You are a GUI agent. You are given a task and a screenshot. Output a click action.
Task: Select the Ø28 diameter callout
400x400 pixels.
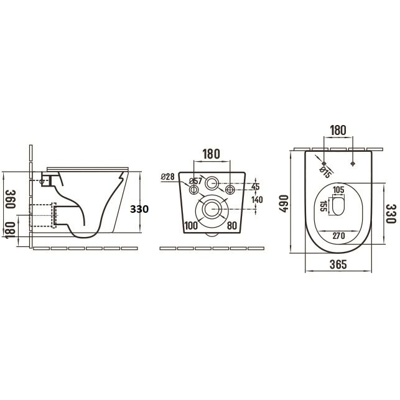click(167, 177)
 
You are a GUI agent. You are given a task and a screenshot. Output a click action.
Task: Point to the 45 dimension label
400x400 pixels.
click(256, 186)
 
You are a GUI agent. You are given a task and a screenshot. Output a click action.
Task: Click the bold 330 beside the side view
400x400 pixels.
click(139, 210)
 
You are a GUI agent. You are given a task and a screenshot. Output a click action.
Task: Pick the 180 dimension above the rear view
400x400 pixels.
click(212, 153)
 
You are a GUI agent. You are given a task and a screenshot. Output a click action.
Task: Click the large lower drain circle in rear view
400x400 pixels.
click(212, 208)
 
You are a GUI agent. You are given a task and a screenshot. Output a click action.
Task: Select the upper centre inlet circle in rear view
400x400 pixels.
click(212, 183)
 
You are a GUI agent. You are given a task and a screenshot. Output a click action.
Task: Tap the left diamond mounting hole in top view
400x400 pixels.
click(323, 164)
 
